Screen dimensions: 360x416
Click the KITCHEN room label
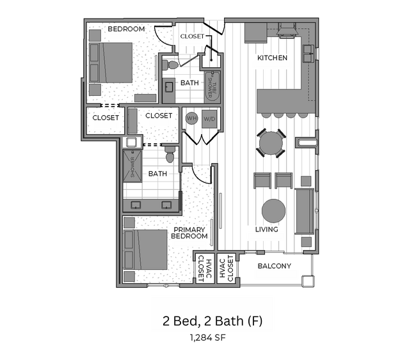[272, 58]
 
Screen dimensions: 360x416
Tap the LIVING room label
[266, 230]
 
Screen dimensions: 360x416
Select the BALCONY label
[274, 266]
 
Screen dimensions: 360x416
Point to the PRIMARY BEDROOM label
[189, 233]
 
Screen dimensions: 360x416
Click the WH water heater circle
[191, 118]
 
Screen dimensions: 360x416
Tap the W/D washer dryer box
[209, 118]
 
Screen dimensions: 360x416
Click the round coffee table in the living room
[274, 210]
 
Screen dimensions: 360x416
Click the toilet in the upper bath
[171, 65]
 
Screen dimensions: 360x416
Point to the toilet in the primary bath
[170, 155]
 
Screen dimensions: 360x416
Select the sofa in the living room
[305, 211]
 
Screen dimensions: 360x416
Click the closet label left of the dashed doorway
[106, 118]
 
